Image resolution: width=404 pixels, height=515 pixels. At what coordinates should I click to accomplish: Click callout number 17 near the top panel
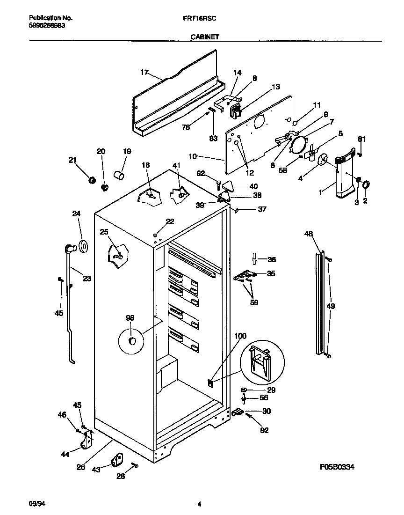pos(144,72)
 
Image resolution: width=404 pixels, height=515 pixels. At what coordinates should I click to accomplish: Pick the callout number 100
pos(240,336)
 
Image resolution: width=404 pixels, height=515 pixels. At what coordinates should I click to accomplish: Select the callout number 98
pos(130,318)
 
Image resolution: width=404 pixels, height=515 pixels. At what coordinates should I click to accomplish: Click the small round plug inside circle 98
pos(133,340)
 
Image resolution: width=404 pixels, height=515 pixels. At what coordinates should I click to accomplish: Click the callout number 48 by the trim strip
pos(308,233)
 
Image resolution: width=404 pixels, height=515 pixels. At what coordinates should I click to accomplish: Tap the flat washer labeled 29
pos(245,390)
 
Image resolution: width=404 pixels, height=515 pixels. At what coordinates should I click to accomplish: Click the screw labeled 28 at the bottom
pos(135,465)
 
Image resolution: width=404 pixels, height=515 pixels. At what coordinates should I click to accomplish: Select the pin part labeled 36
pos(254,259)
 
